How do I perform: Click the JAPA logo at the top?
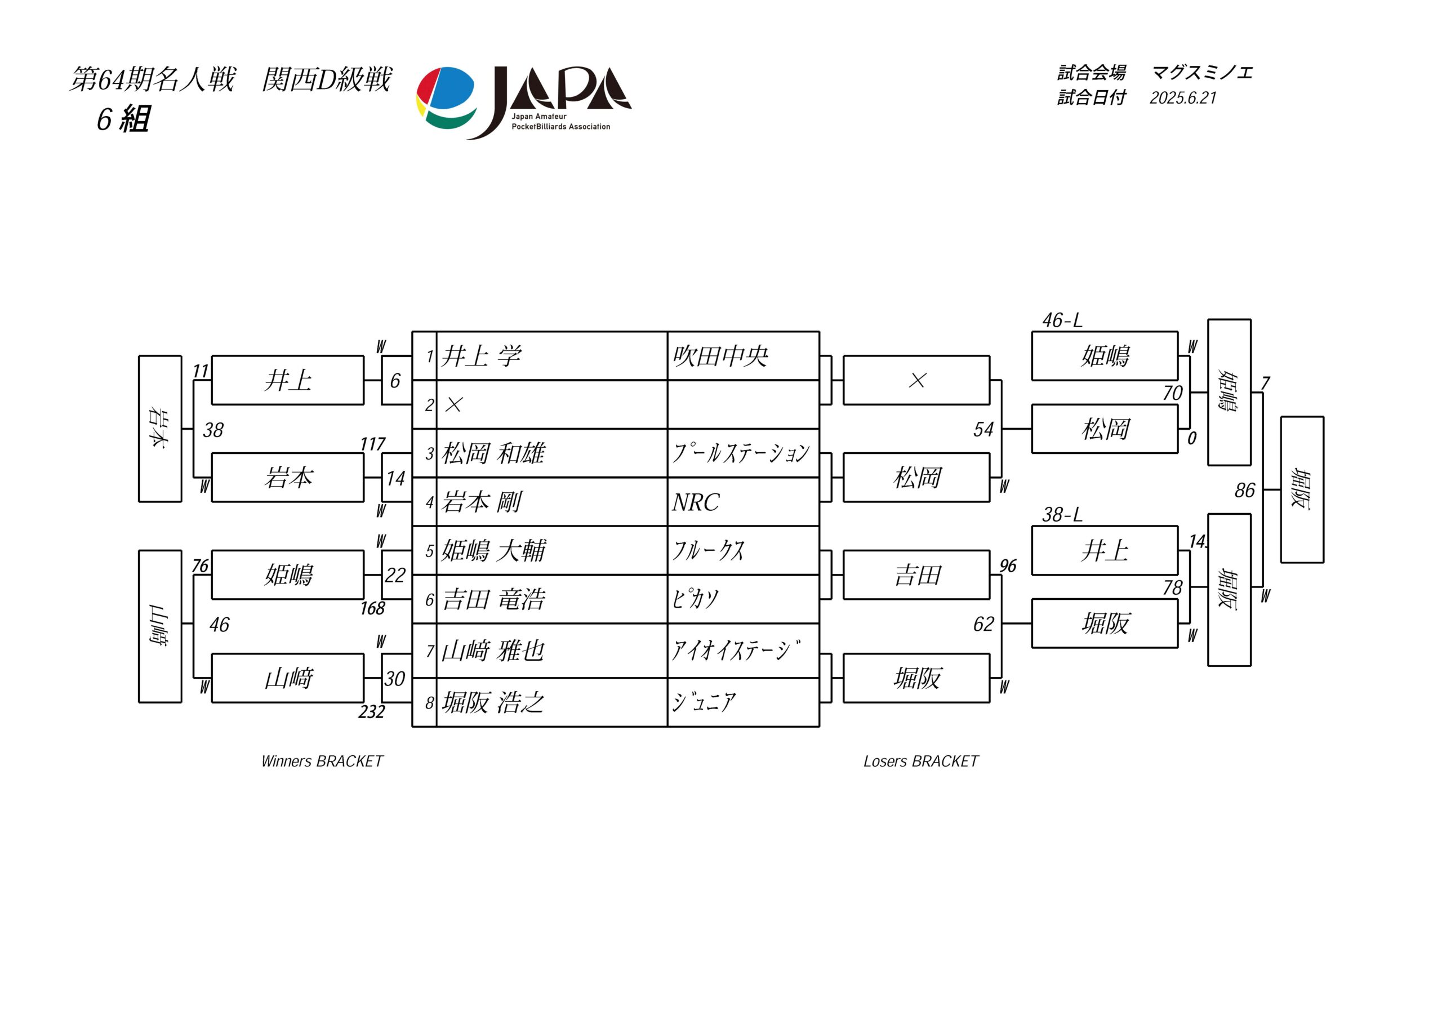pos(524,103)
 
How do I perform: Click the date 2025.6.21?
pos(1183,98)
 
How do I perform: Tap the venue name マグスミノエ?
pos(1202,73)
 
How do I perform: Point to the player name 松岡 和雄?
pos(493,453)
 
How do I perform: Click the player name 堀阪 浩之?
pos(493,702)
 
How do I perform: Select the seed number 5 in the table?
pos(430,551)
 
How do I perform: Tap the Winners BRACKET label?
pos(322,761)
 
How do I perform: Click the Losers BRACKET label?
pos(921,761)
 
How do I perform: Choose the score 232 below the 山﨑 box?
pos(372,711)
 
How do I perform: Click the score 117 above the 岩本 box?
pos(372,444)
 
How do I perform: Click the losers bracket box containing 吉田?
pos(916,574)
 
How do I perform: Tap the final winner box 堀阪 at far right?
pos(1302,489)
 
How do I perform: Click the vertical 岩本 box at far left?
pos(160,429)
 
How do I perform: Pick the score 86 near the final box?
pos(1245,491)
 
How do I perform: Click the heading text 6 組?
pos(123,119)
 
